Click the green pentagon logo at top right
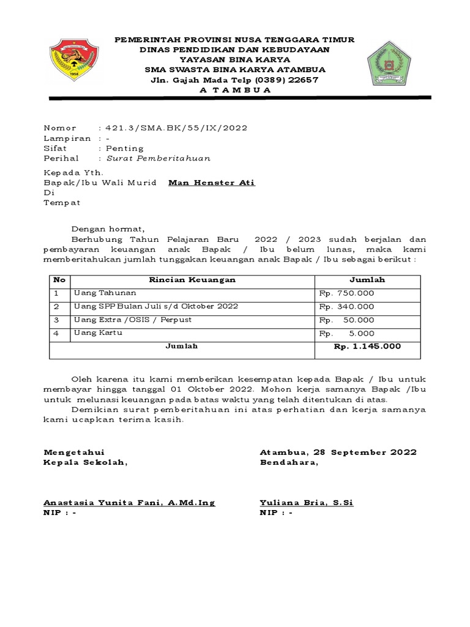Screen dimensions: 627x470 [x=390, y=62]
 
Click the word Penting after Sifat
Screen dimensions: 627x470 [x=125, y=148]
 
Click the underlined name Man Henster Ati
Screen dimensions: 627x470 [x=212, y=183]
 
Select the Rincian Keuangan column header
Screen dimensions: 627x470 [x=193, y=280]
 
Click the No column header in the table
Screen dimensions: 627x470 [x=59, y=280]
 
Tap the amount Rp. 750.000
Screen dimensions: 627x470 [x=346, y=293]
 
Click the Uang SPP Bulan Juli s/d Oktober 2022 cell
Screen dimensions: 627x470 [x=156, y=306]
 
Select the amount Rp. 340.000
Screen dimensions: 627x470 [x=346, y=307]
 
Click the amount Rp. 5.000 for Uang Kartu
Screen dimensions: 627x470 [x=346, y=334]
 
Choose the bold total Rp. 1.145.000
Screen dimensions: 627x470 [x=367, y=347]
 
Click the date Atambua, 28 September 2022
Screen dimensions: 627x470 [x=338, y=452]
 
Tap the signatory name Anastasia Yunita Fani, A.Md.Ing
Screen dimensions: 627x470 [x=129, y=503]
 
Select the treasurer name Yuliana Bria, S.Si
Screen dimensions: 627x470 [x=307, y=503]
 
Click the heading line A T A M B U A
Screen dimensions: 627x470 [x=235, y=90]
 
